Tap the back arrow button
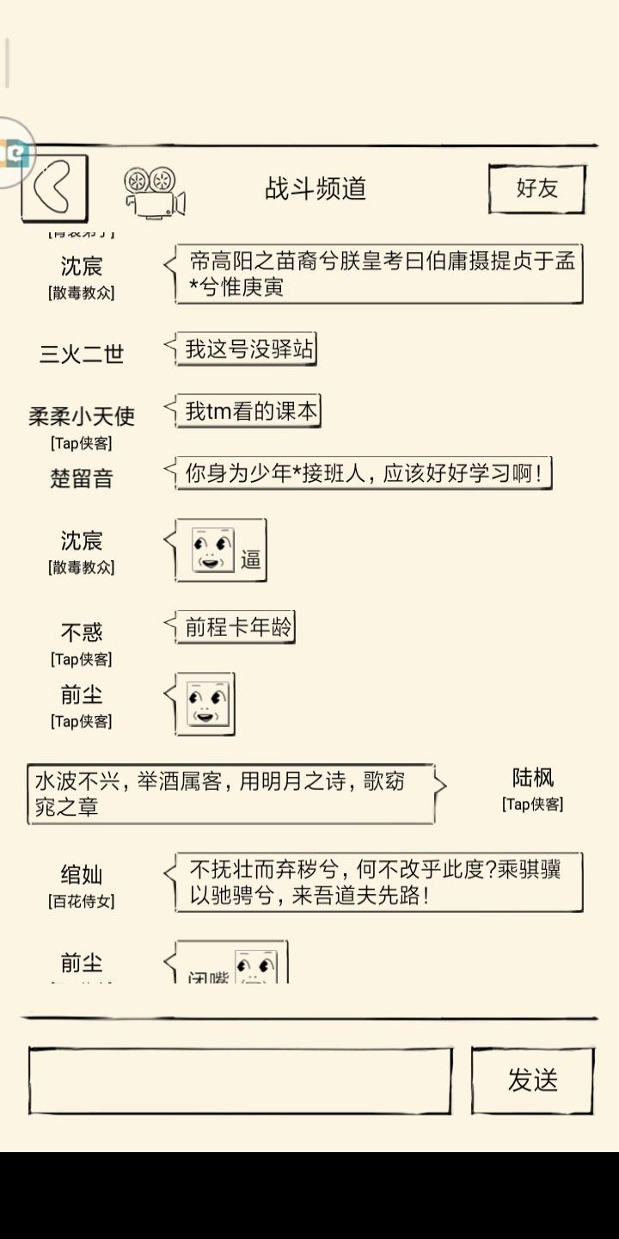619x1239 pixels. click(54, 188)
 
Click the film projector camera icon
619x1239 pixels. click(155, 191)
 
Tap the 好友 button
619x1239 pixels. click(537, 188)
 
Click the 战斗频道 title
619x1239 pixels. click(316, 188)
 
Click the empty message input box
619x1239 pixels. click(240, 1081)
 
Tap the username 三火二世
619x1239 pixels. click(82, 354)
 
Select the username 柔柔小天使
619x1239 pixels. click(82, 416)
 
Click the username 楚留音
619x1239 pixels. click(82, 478)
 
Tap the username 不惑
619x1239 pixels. click(82, 633)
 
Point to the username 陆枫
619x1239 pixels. click(533, 778)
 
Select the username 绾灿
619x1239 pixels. click(82, 875)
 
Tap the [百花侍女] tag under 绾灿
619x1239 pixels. click(82, 901)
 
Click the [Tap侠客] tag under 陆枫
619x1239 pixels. click(533, 804)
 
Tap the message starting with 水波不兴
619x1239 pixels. click(230, 793)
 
